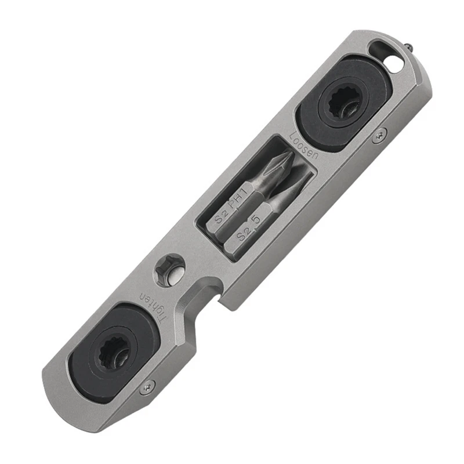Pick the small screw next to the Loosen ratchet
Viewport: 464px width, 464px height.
point(379,135)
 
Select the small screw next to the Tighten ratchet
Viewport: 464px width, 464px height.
point(149,383)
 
